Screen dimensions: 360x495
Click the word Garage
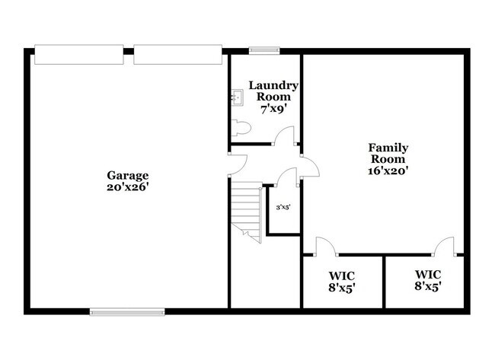tap(122, 174)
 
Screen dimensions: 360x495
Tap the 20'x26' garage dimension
tap(122, 186)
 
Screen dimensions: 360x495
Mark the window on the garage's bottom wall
tap(127, 311)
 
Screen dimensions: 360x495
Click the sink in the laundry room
tap(237, 97)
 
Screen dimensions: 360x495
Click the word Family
tap(388, 147)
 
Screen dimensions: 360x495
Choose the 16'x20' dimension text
tap(388, 171)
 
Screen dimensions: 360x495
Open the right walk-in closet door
tap(444, 245)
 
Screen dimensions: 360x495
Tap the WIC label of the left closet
tap(342, 275)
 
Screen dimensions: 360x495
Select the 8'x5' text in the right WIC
tap(427, 286)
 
